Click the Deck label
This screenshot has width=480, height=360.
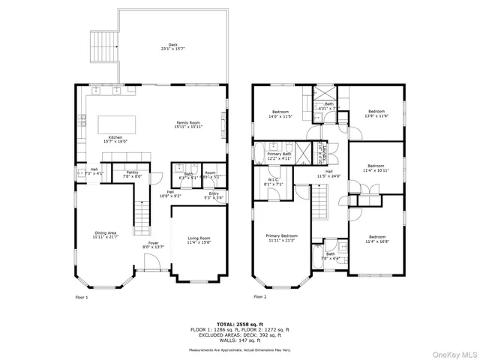tap(173, 47)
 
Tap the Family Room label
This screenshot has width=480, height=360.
tap(188, 124)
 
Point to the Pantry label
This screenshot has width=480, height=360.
tap(132, 175)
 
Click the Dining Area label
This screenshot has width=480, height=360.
tap(105, 235)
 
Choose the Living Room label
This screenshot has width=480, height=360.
tap(199, 240)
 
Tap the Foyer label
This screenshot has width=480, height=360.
tap(153, 244)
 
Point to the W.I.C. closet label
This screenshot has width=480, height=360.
tap(273, 181)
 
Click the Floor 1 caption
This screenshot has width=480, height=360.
tap(82, 298)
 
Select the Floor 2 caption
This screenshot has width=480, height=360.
tap(259, 298)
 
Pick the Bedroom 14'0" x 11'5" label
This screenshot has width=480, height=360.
tap(285, 115)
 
